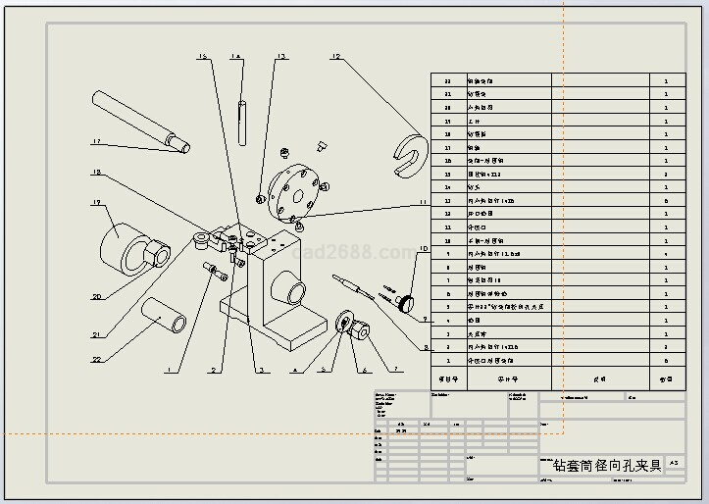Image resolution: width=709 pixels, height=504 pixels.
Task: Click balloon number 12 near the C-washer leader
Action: (x=335, y=58)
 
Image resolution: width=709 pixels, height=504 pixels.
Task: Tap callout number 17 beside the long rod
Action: (x=97, y=143)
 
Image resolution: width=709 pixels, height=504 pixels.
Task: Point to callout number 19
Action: (x=97, y=204)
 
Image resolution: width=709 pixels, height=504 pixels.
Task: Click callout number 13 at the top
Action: (x=280, y=58)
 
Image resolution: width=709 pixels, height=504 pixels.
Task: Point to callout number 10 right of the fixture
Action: (x=423, y=250)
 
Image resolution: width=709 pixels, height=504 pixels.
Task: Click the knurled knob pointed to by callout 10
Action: (x=410, y=300)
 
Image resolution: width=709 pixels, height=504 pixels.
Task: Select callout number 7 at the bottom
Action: (x=398, y=370)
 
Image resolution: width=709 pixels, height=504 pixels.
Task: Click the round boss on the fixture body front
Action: (x=291, y=291)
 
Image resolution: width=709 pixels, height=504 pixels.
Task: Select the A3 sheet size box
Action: (x=673, y=463)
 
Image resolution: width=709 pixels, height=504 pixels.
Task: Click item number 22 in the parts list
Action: (x=448, y=81)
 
